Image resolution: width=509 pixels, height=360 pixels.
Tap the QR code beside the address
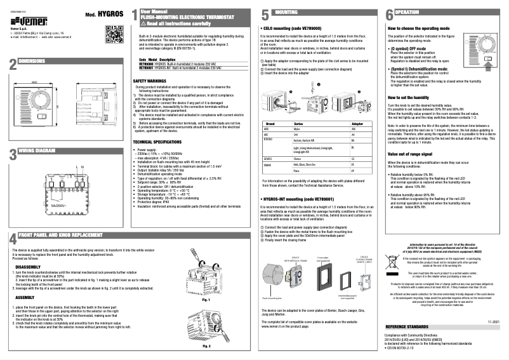click(x=111, y=30)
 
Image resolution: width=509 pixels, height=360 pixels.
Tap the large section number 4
click(x=12, y=258)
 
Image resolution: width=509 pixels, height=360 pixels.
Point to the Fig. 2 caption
click(x=206, y=347)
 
